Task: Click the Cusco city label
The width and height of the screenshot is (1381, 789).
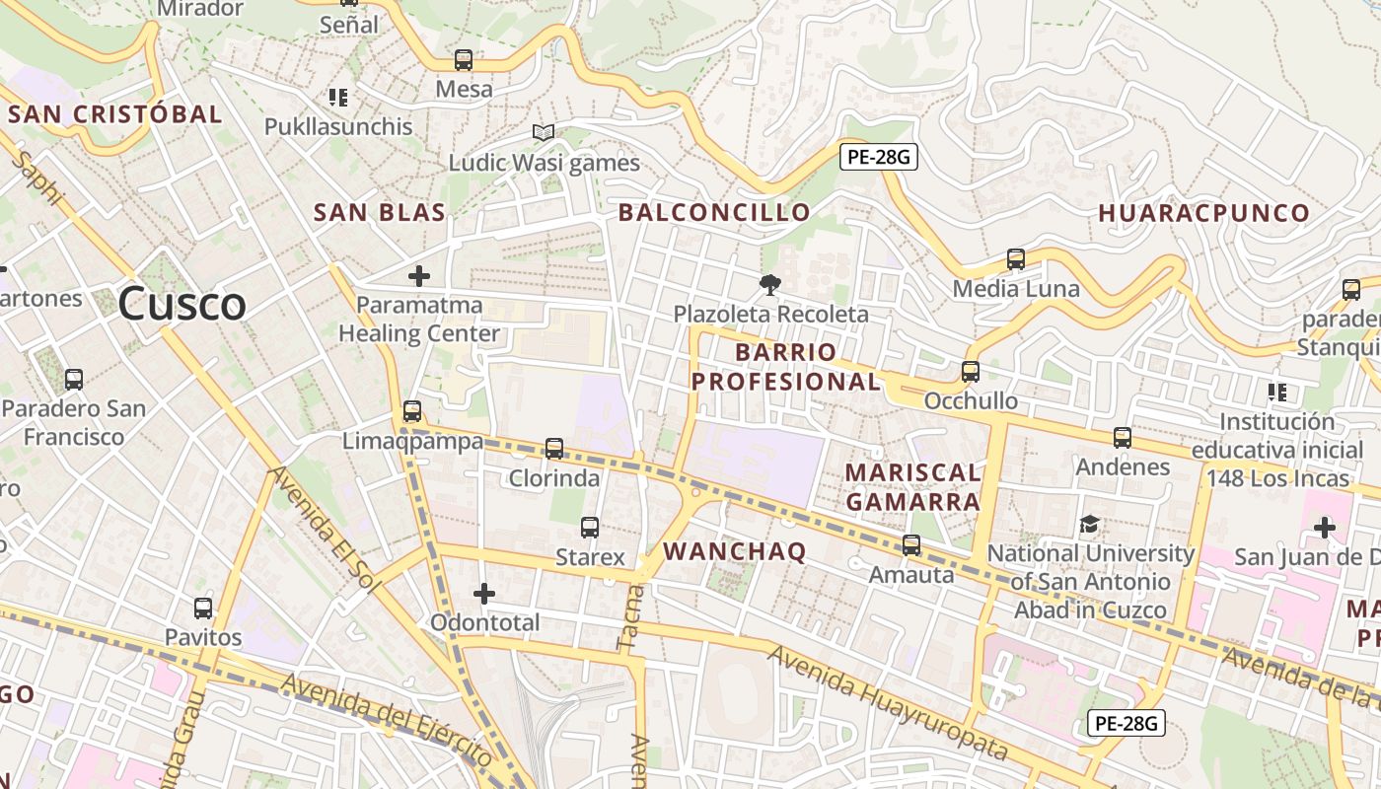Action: (182, 304)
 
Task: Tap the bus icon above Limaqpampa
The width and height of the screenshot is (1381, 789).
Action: (412, 411)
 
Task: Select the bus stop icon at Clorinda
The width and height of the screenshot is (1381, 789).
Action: (554, 449)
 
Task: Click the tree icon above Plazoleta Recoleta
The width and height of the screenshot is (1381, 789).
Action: (769, 285)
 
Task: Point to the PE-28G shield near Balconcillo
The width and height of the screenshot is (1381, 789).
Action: (879, 157)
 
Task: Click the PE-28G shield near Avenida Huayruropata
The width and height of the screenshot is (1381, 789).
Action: (1127, 723)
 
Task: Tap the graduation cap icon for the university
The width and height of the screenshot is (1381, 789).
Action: (1089, 524)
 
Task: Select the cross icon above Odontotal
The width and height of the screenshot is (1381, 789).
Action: (483, 594)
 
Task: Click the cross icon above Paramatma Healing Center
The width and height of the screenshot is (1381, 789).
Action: (419, 276)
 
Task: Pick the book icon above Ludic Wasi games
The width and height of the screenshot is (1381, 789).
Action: (544, 132)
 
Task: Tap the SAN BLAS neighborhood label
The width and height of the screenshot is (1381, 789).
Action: (380, 212)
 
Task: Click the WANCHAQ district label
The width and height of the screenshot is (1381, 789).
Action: (735, 551)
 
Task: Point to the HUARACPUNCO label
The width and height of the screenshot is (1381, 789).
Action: (1203, 213)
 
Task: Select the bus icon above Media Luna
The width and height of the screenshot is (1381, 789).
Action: (1016, 259)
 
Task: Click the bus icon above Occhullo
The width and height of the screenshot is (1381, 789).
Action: (971, 372)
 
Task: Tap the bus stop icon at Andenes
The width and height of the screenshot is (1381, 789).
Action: (1123, 437)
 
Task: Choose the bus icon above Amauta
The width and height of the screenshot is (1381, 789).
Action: (911, 544)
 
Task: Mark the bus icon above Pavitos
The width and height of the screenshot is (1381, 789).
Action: (203, 609)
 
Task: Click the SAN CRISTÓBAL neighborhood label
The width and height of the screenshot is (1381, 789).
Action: (115, 113)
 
